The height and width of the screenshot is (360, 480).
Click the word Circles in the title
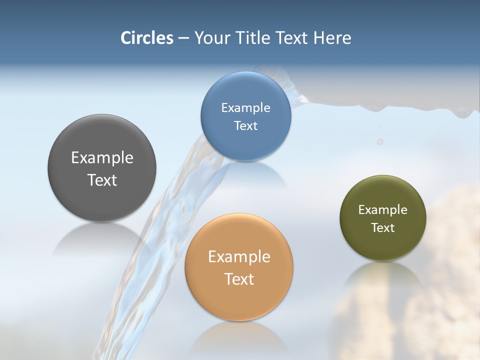(x=147, y=38)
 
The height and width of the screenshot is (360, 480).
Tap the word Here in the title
(x=332, y=38)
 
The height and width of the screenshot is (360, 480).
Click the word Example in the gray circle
(x=102, y=158)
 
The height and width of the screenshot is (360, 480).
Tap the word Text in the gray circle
(x=102, y=180)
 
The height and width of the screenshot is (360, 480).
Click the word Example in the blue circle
(x=245, y=108)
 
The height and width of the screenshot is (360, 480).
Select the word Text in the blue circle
(x=245, y=126)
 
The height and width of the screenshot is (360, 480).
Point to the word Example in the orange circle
(x=239, y=257)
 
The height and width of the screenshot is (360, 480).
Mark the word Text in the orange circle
(x=239, y=279)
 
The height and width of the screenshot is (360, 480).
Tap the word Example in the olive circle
(x=383, y=210)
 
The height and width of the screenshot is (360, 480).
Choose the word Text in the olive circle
(x=383, y=228)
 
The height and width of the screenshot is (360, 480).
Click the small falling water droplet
(x=380, y=142)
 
